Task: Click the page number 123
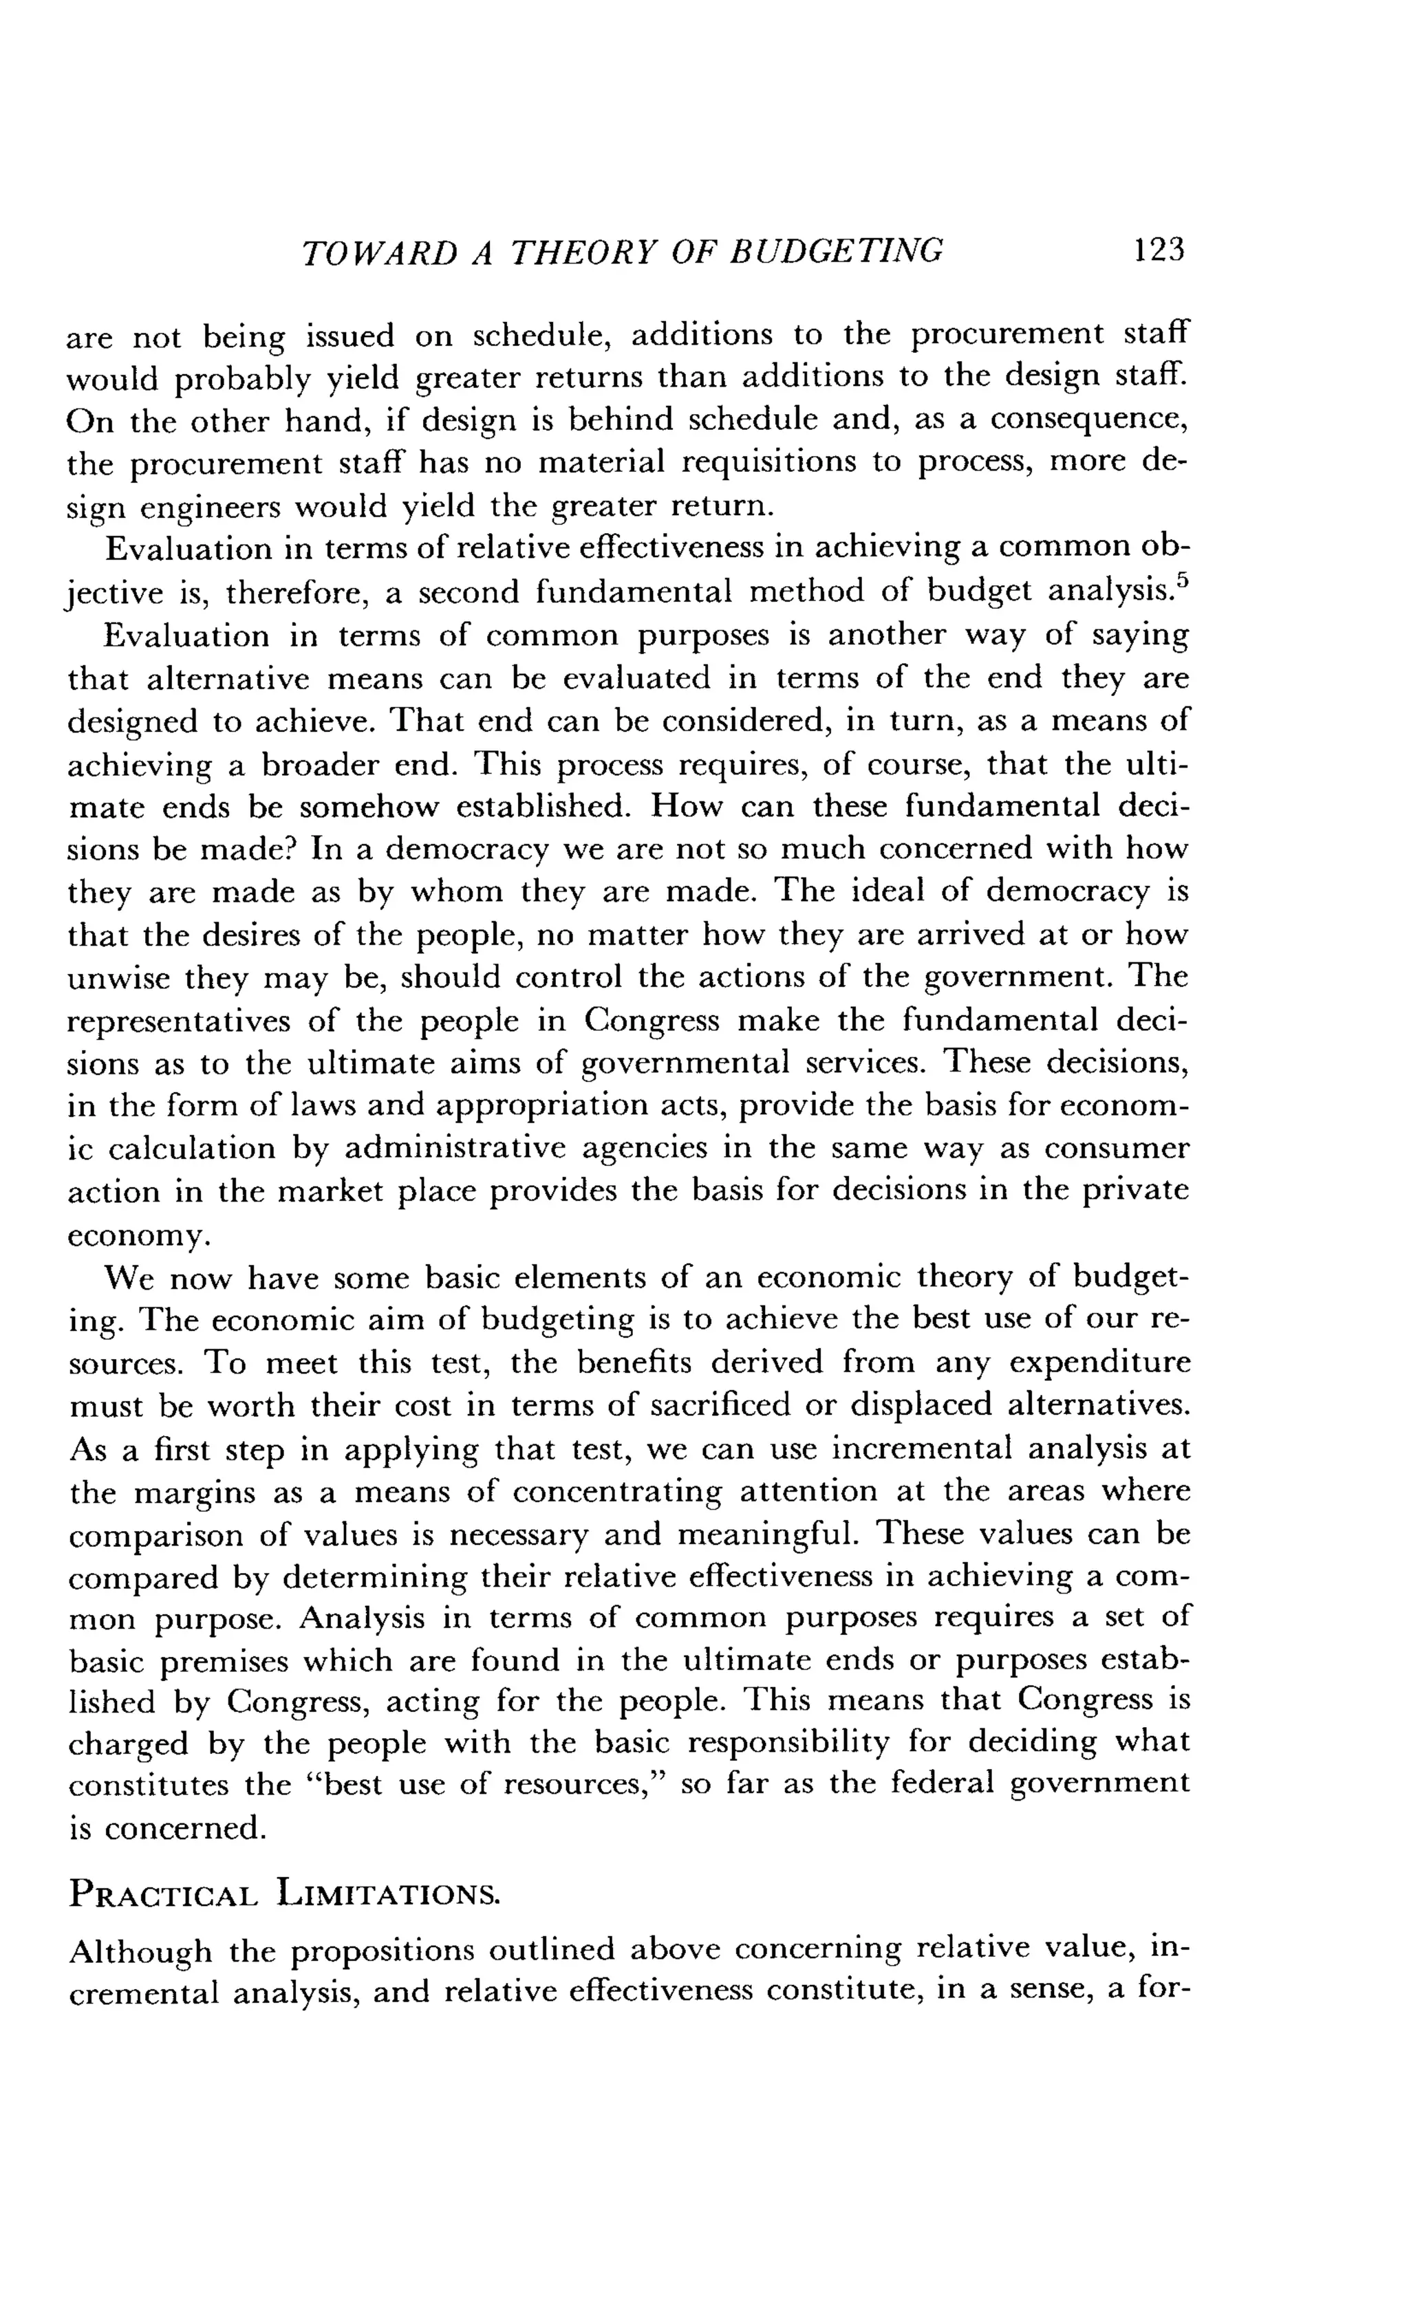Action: [x=1159, y=250]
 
